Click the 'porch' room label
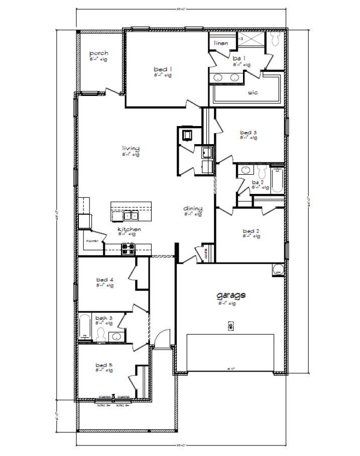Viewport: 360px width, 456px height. point(98,53)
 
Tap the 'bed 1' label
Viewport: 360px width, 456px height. point(163,69)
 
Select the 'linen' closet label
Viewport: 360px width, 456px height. point(221,43)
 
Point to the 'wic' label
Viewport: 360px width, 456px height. point(253,92)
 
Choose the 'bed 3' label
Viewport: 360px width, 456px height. point(249,133)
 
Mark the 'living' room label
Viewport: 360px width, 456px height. point(131,148)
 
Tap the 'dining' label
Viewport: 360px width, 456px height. point(193,208)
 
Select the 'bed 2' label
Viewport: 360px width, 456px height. point(251,231)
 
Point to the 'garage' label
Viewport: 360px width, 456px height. point(231,295)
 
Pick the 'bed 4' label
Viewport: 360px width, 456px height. point(104,280)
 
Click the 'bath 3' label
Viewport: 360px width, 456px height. point(104,318)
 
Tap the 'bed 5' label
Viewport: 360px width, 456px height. point(104,365)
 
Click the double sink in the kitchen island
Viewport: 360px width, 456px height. point(131,215)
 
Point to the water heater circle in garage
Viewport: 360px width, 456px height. point(278,270)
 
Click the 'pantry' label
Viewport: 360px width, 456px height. point(91,242)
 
